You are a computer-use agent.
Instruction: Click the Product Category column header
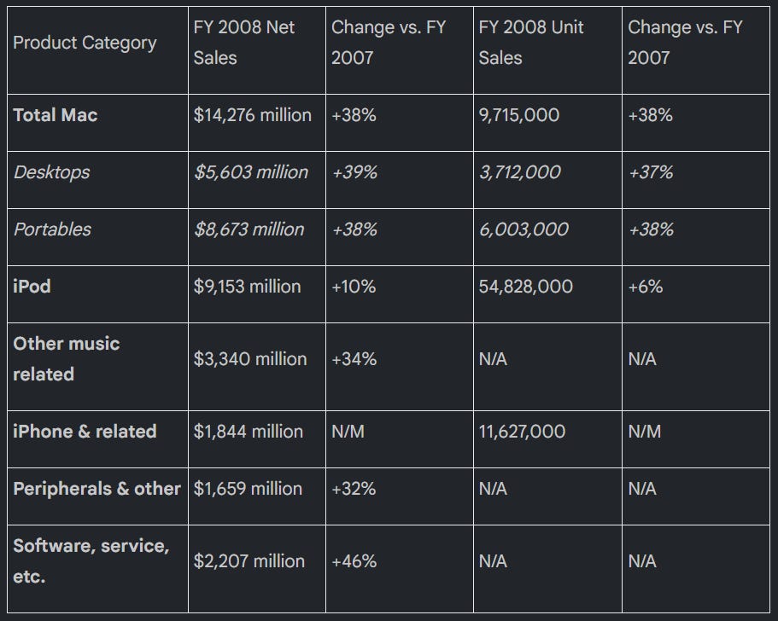tap(85, 44)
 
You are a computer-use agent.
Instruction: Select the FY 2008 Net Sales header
tap(244, 43)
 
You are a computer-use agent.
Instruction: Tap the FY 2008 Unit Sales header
tap(531, 43)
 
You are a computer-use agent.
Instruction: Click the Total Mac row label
tap(55, 115)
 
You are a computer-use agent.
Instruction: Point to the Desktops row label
tap(51, 172)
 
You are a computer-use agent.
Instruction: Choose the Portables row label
tap(52, 229)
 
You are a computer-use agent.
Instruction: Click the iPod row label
tap(32, 287)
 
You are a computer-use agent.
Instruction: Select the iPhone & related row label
tap(85, 432)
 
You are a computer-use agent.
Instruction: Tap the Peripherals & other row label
tap(97, 489)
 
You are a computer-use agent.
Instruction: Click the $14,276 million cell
tap(253, 115)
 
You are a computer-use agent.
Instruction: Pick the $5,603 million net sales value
tap(251, 172)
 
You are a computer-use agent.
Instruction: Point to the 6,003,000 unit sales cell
tap(524, 229)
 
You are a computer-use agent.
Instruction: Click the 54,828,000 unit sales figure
tap(526, 287)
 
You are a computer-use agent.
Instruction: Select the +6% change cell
tap(645, 287)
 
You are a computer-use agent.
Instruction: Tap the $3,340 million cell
tap(250, 359)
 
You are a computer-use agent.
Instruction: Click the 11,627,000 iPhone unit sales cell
tap(522, 432)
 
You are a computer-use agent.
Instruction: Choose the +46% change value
tap(354, 561)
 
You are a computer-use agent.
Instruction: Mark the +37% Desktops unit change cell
tap(651, 172)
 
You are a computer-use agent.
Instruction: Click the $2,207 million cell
tap(249, 561)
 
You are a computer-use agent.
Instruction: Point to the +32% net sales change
tap(354, 489)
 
